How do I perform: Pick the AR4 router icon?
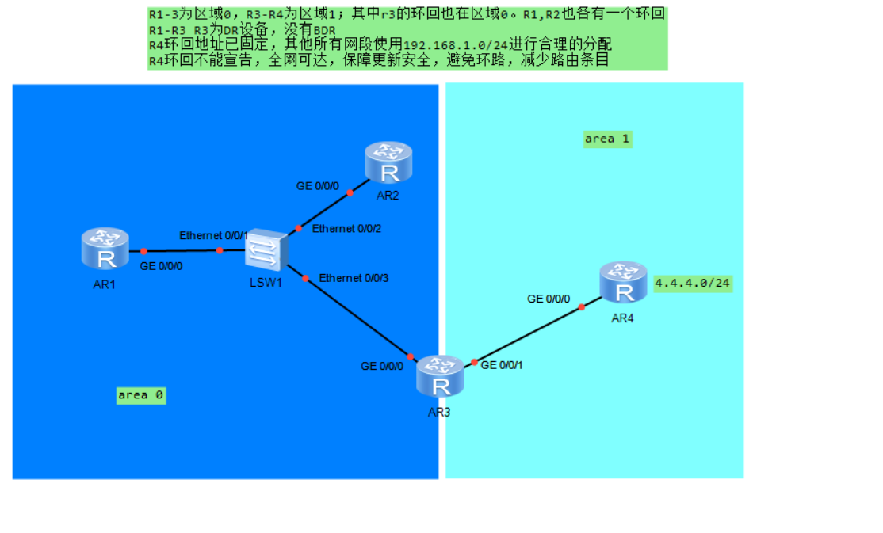(x=624, y=283)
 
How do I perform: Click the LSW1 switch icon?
(x=264, y=250)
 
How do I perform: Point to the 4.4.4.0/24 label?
(x=693, y=283)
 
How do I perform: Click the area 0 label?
(x=141, y=394)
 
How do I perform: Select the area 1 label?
(x=607, y=139)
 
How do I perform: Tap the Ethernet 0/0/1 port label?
(x=214, y=235)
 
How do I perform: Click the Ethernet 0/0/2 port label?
(x=347, y=229)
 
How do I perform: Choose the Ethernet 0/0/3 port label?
(x=354, y=278)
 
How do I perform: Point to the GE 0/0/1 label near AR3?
(x=502, y=365)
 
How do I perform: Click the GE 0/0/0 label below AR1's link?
(x=161, y=266)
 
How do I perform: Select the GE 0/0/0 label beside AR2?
(x=317, y=186)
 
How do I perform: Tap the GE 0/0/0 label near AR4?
(x=549, y=299)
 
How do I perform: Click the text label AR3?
(x=439, y=412)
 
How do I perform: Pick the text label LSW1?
(x=266, y=283)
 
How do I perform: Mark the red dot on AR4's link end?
(x=582, y=306)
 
